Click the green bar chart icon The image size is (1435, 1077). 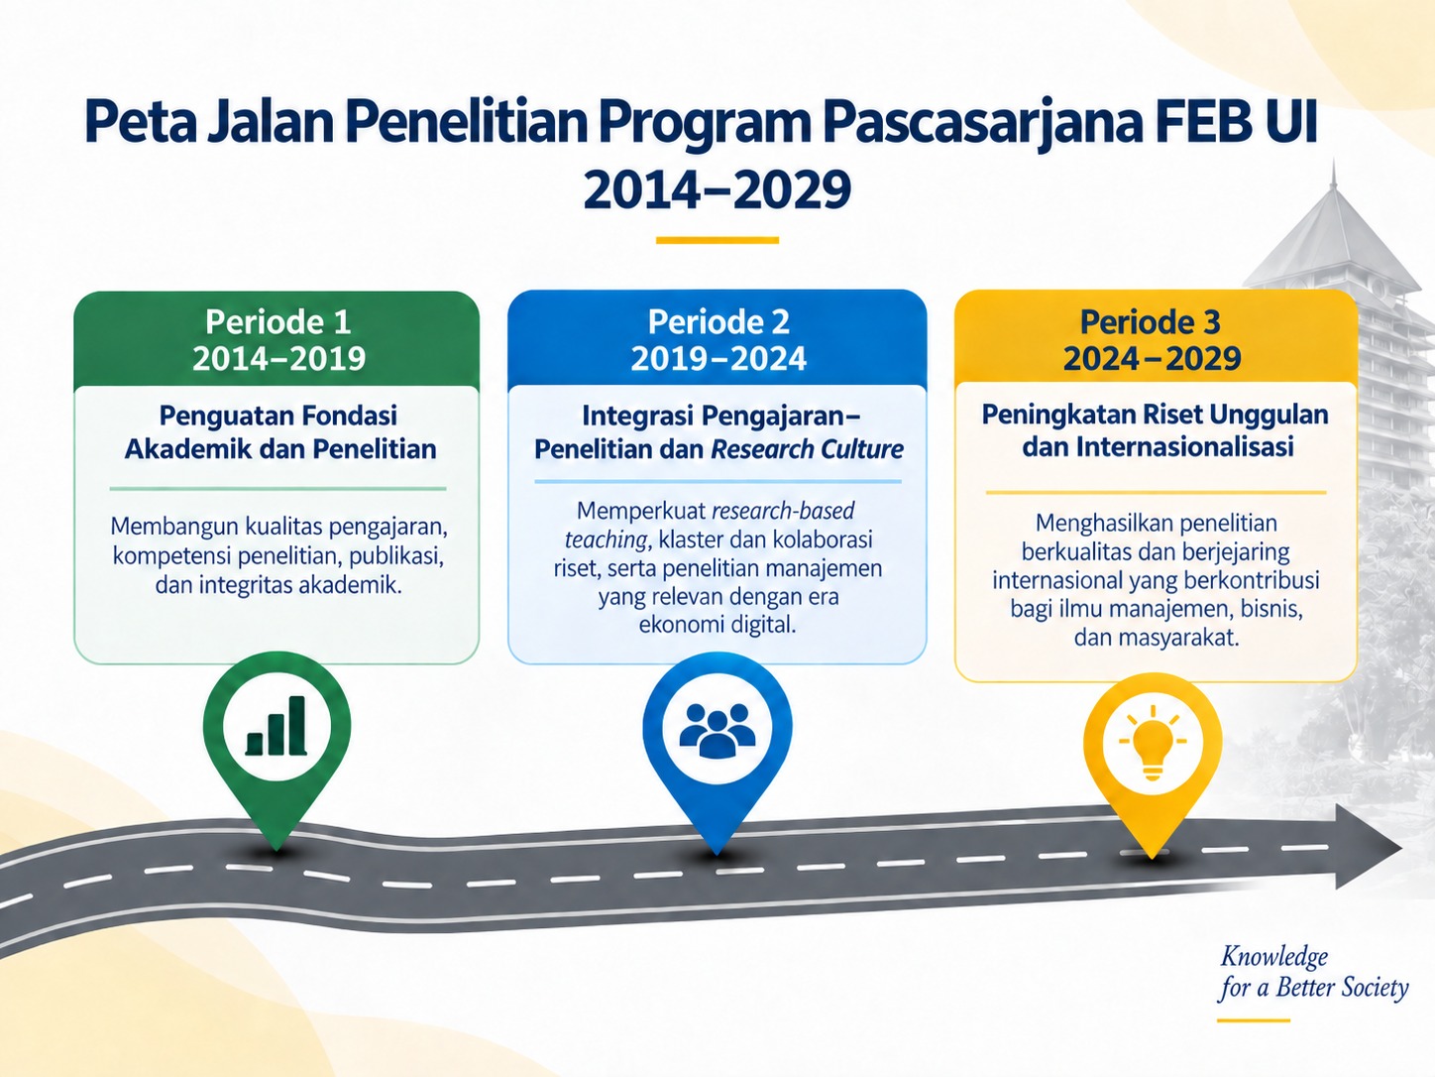point(276,726)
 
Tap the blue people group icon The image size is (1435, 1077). point(717,731)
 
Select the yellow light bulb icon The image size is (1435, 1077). point(1153,742)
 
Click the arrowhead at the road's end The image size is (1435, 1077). point(1368,846)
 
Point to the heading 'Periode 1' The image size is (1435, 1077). point(277,321)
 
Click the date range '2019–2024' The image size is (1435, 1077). point(717,358)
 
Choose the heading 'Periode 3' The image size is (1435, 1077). point(1150,321)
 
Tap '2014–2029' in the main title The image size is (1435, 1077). point(717,189)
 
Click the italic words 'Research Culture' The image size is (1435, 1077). point(807,449)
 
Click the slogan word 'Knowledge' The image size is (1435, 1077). point(1274,957)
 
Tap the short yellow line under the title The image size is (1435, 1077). point(717,240)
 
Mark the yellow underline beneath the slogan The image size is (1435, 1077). point(1254,1020)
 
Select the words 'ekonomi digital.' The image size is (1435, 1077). point(717,625)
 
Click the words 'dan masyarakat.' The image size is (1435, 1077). point(1156,638)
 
